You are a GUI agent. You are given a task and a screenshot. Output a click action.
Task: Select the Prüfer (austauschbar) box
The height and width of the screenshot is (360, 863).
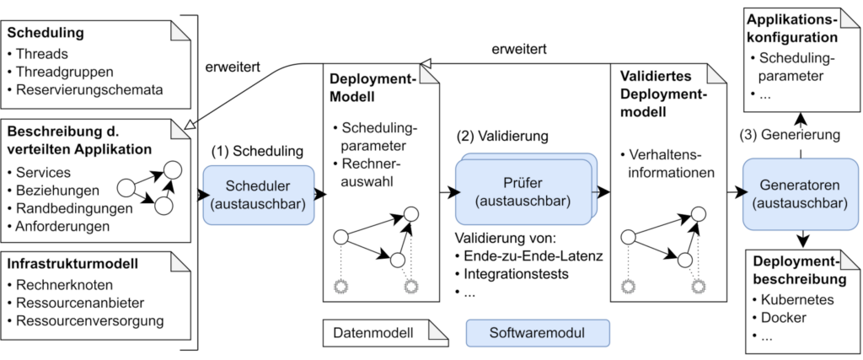point(522,192)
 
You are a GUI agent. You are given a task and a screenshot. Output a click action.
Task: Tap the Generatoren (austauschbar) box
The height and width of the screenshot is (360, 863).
point(792,194)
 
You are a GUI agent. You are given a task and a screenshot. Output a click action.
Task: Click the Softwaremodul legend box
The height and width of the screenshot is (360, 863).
point(538,332)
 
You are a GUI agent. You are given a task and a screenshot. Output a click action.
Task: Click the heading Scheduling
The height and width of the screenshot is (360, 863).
point(46,35)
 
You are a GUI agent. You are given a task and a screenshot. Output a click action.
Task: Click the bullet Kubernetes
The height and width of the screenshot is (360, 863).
point(796,299)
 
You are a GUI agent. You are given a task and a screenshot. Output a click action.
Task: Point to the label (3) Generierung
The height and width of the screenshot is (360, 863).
point(790,135)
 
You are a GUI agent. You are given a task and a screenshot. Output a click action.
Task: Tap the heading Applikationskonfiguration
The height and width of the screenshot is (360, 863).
point(791,28)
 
